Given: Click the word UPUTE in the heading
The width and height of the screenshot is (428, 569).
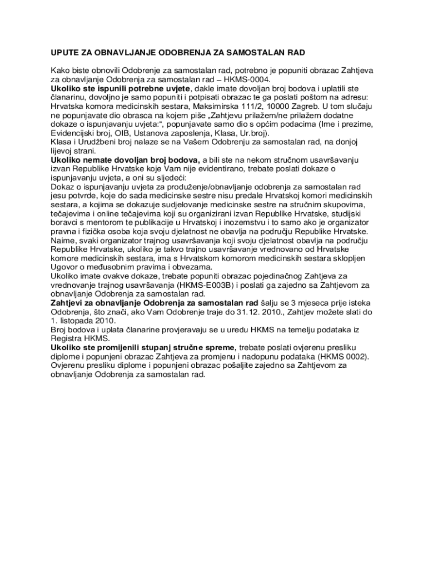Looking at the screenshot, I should pos(65,52).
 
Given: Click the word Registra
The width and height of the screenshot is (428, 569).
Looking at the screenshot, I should pos(66,338).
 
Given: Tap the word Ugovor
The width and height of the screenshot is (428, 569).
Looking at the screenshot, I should pos(64,267).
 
